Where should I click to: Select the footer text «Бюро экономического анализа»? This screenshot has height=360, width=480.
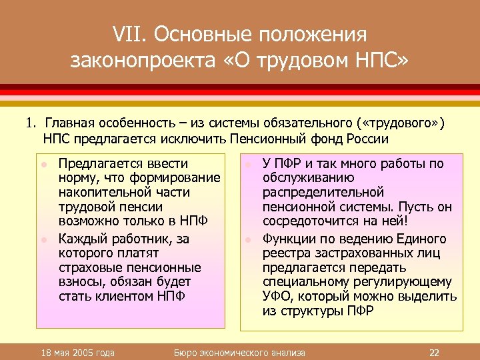point(239,351)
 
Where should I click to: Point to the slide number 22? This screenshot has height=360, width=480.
point(434,351)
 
